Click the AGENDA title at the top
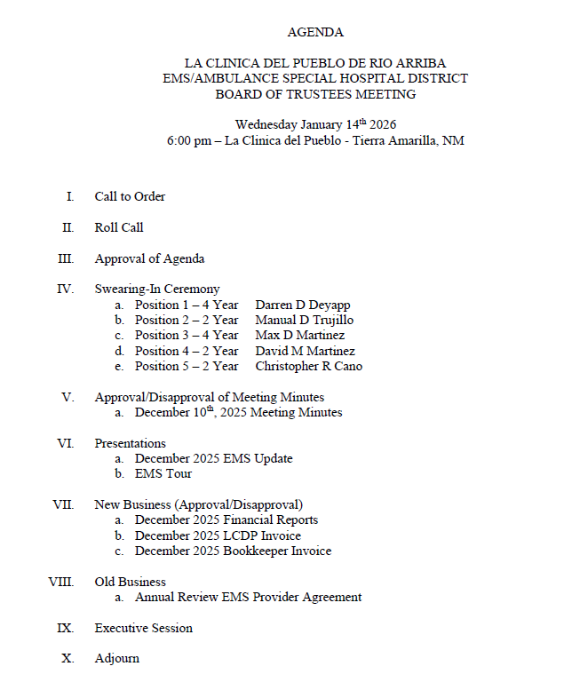pyautogui.click(x=315, y=32)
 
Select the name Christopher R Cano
pyautogui.click(x=308, y=366)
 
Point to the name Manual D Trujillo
pyautogui.click(x=304, y=320)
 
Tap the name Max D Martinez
pyautogui.click(x=299, y=335)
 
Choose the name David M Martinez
pyautogui.click(x=305, y=351)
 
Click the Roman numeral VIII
pyautogui.click(x=60, y=582)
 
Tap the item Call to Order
pyautogui.click(x=130, y=196)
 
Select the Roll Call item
pyautogui.click(x=119, y=227)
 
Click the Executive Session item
pyautogui.click(x=143, y=628)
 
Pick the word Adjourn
pyautogui.click(x=116, y=659)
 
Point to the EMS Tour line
pyautogui.click(x=163, y=473)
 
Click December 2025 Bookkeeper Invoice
pyautogui.click(x=233, y=551)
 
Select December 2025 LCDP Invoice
pyautogui.click(x=218, y=535)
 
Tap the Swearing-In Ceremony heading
pyautogui.click(x=157, y=289)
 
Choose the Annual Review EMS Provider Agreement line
pyautogui.click(x=248, y=597)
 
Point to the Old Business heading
pyautogui.click(x=131, y=582)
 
